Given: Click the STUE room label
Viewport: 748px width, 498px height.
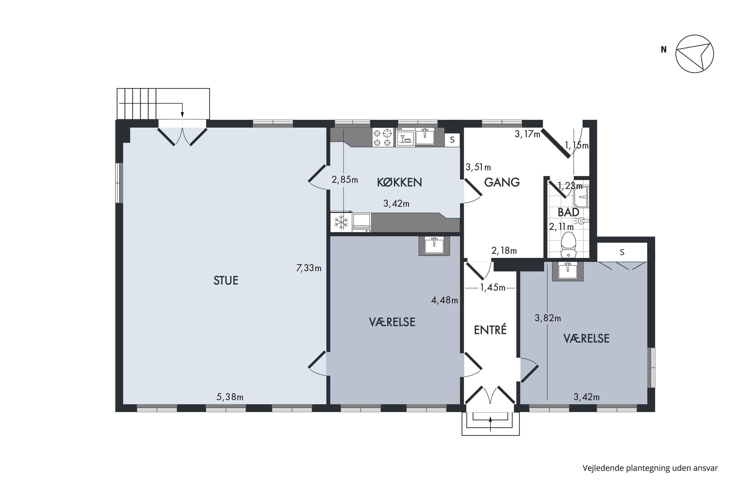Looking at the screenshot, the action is click(226, 280).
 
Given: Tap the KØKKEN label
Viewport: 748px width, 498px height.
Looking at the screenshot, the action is click(399, 182).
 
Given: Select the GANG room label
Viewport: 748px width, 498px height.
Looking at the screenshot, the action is click(502, 182).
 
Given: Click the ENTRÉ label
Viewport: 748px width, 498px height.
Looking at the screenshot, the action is click(490, 330).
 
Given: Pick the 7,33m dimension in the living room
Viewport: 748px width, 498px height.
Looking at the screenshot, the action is click(308, 268).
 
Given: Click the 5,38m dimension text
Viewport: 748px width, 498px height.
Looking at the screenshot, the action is click(230, 397).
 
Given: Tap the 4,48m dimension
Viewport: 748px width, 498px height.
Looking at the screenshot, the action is click(444, 300).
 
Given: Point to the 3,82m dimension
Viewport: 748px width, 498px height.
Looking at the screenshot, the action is click(548, 318).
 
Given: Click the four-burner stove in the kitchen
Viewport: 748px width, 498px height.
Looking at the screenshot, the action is click(382, 137).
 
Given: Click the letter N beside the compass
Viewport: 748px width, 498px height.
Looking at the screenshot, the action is click(663, 50).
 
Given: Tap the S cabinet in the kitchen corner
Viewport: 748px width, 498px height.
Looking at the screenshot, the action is click(452, 140).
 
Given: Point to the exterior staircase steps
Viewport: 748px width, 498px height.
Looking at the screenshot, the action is click(137, 104).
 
